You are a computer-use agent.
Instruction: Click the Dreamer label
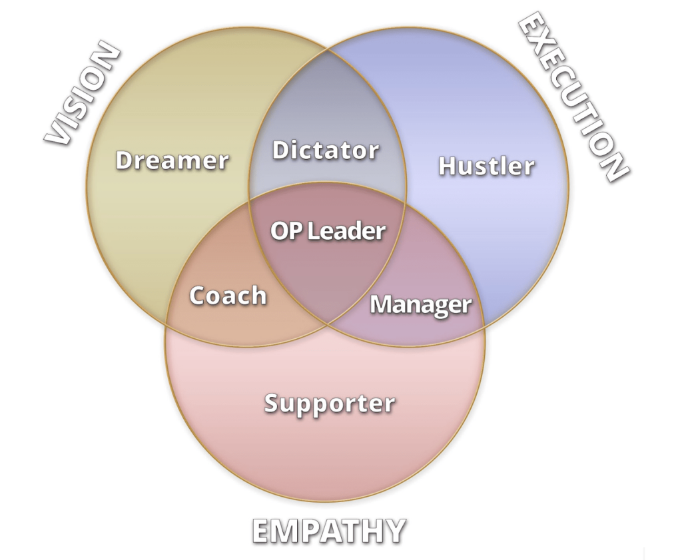(x=172, y=160)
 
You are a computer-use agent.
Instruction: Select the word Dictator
(x=326, y=150)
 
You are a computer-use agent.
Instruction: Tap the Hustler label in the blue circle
(x=486, y=166)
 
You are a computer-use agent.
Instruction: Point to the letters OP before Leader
(x=282, y=232)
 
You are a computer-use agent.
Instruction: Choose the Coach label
(x=228, y=296)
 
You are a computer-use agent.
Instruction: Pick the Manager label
(x=420, y=305)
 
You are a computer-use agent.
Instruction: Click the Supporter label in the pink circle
(x=330, y=404)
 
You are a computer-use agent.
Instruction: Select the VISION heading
(x=83, y=96)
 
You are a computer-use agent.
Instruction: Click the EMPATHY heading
(x=328, y=531)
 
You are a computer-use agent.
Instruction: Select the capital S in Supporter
(x=272, y=404)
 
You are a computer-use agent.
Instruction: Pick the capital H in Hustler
(x=448, y=166)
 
